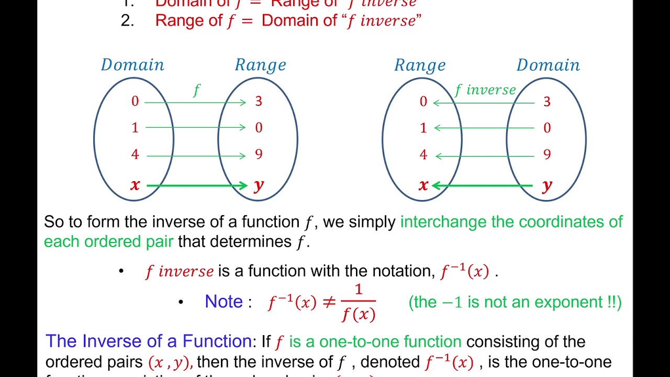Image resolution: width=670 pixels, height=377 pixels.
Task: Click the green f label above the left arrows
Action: [x=197, y=91]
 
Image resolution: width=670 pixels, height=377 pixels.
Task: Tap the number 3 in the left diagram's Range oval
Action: [x=259, y=101]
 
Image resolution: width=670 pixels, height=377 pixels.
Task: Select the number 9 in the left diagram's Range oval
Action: [x=259, y=154]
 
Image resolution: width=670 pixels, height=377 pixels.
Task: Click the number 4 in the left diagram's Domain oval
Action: [x=135, y=154]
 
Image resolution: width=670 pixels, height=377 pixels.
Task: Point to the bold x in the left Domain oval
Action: [x=135, y=184]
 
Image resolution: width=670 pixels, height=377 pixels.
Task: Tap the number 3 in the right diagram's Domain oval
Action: [x=547, y=102]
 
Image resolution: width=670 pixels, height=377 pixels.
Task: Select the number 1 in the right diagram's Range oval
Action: [x=423, y=128]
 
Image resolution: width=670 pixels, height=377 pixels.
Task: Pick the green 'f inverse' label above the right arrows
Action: [x=485, y=90]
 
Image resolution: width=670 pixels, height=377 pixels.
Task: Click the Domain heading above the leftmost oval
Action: [x=132, y=65]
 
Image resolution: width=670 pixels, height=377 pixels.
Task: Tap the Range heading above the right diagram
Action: [x=420, y=65]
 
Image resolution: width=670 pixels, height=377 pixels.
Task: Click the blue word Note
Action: [x=224, y=302]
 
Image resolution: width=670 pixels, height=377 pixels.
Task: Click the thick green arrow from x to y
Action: [x=197, y=185]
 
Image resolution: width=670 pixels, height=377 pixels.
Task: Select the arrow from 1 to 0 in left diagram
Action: [x=195, y=128]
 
